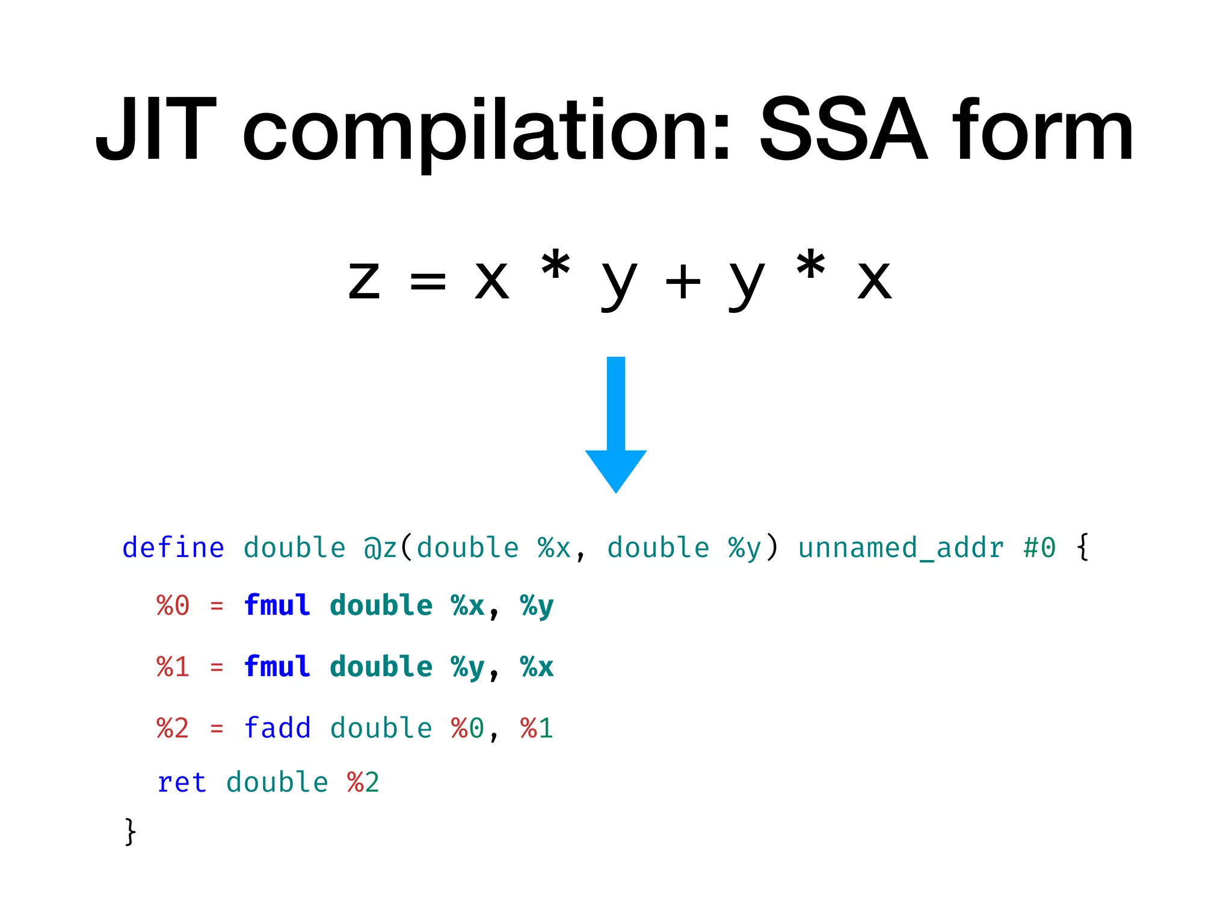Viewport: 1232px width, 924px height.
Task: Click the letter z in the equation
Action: pyautogui.click(x=365, y=282)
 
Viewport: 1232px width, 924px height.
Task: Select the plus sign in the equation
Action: pyautogui.click(x=683, y=282)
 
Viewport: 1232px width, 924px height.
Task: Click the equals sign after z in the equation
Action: pyautogui.click(x=428, y=282)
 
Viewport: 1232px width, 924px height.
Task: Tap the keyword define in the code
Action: pyautogui.click(x=173, y=547)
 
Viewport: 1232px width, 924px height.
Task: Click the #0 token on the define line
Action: pyautogui.click(x=1039, y=548)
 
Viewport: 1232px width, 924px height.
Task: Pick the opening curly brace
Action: pyautogui.click(x=1083, y=547)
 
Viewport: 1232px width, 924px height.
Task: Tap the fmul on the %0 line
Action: pyautogui.click(x=277, y=605)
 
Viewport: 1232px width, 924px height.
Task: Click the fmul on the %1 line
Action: pyautogui.click(x=277, y=667)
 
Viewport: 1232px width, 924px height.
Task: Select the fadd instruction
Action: pyautogui.click(x=277, y=728)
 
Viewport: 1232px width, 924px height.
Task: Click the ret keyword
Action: pyautogui.click(x=182, y=783)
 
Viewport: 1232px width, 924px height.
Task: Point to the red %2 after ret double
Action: pyautogui.click(x=363, y=783)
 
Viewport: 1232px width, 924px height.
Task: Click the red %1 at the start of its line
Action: pyautogui.click(x=173, y=667)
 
